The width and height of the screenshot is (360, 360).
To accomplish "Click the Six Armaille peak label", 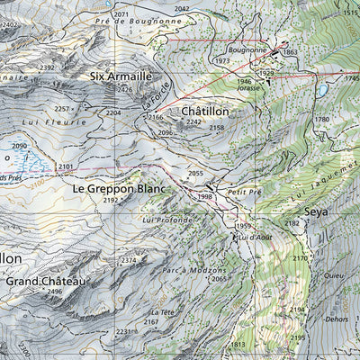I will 121,76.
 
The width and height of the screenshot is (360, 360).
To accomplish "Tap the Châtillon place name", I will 206,111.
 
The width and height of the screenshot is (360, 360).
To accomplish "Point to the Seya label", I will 316,211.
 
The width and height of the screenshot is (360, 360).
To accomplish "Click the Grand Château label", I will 46,282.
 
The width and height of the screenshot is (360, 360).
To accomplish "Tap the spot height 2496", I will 55,292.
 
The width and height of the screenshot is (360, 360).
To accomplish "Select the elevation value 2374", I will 130,260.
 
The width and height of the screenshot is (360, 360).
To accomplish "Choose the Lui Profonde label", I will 167,219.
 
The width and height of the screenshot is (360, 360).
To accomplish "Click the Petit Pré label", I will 243,192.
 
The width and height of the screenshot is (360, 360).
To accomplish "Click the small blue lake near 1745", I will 321,90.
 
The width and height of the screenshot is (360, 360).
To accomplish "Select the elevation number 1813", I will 238,345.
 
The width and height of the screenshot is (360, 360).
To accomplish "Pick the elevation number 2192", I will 111,200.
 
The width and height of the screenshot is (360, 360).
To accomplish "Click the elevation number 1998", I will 205,196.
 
